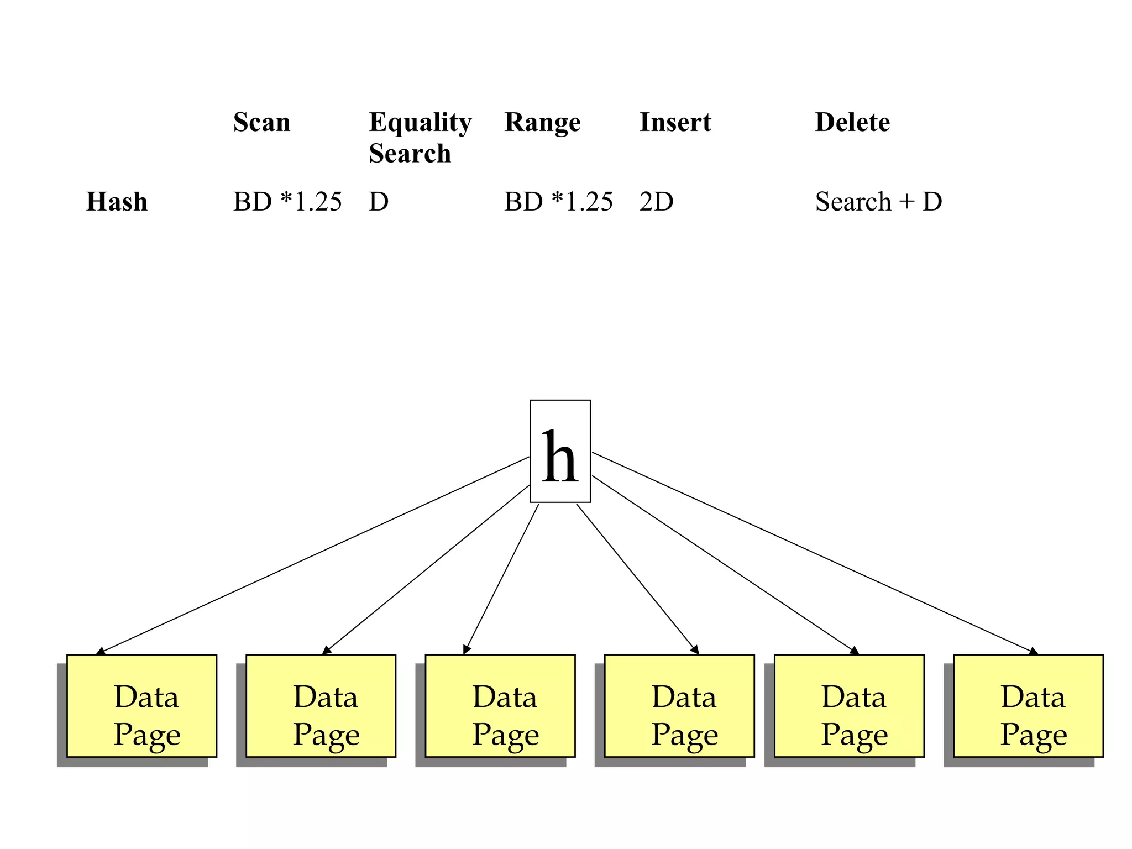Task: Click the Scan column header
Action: point(261,122)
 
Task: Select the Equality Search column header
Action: point(420,137)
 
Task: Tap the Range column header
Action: point(542,122)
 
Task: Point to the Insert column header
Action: point(675,122)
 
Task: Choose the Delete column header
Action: point(852,122)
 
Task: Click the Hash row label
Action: point(117,202)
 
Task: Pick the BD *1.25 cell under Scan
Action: point(287,202)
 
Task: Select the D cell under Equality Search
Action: point(379,202)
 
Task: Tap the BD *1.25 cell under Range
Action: point(558,202)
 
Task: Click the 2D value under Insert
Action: point(656,202)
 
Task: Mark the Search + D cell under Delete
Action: point(878,202)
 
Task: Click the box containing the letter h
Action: point(560,451)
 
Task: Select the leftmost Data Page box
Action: point(141,705)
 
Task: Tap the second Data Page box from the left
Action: point(321,705)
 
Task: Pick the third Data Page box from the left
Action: point(500,705)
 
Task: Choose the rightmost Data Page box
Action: point(1028,705)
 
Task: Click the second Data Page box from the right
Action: point(849,705)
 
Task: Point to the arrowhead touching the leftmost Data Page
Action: point(101,652)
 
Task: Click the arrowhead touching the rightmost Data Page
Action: point(1033,652)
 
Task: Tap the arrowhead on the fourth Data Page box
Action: point(695,650)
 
